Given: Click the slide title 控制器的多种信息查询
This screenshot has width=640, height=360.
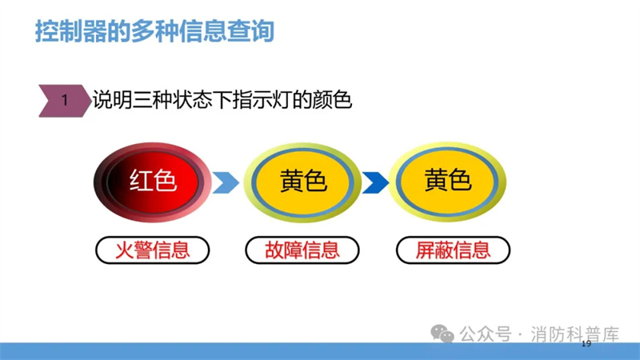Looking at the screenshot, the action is point(154,31).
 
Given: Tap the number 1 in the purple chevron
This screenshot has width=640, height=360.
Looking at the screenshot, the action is point(65,101).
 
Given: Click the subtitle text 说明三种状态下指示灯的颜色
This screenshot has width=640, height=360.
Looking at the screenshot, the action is point(222,101).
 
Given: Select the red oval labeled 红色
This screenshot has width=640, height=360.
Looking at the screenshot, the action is point(153,182).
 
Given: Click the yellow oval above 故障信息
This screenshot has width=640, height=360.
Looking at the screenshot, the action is point(302,182).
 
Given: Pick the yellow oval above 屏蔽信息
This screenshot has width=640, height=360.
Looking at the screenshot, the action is point(447,182).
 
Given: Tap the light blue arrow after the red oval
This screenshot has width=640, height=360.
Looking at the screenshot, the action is point(226,182).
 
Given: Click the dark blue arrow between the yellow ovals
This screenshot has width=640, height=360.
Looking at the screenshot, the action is point(375,182).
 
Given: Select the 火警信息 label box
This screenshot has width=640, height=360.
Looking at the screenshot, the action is point(153,250).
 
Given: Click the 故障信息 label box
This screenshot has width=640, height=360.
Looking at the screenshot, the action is point(302,250).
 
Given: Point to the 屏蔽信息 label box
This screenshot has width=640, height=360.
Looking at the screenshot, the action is point(453,250).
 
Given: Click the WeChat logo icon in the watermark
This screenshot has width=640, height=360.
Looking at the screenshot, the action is point(442,334).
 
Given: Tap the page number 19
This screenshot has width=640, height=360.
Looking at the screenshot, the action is point(586,344).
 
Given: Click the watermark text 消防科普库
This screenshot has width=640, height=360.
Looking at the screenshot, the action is point(574,334).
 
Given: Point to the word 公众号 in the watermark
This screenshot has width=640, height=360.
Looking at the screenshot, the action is point(486,334).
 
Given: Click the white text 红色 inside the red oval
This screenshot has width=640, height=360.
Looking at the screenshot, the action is point(153,181).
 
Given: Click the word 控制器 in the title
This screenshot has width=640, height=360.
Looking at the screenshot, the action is point(70,31).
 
